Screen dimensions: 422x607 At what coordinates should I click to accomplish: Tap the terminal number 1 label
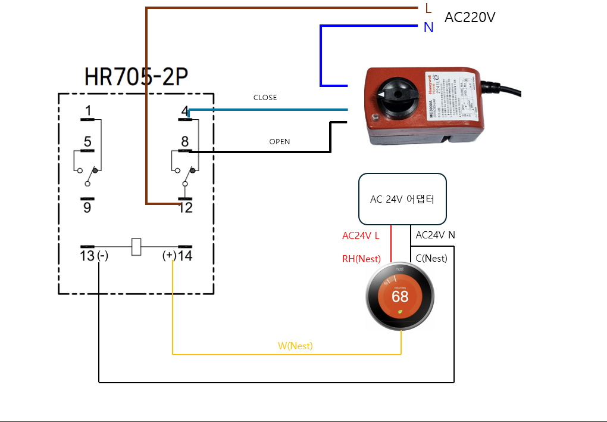coord(88,110)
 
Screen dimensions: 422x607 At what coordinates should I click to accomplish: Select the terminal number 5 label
coord(87,142)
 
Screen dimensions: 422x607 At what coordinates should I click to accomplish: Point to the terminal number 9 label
coord(87,208)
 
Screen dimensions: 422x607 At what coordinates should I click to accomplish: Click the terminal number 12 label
coord(186,208)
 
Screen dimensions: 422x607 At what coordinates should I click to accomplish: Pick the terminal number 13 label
coord(87,256)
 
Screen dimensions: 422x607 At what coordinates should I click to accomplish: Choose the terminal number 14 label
coord(186,256)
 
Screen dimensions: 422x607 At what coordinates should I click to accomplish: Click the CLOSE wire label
coord(265,98)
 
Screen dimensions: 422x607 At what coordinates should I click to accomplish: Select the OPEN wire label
coord(280,142)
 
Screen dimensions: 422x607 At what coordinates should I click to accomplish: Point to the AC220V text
coord(470,17)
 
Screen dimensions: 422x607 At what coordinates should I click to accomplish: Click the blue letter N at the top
coord(428,27)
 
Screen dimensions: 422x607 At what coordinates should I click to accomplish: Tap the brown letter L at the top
coord(428,8)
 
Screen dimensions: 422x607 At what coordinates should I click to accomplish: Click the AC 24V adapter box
coord(402,199)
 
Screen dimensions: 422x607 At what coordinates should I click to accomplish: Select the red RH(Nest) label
coord(361,259)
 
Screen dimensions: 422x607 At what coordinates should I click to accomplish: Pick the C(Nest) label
coord(432,259)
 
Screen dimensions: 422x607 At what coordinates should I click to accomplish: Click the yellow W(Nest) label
coord(295,346)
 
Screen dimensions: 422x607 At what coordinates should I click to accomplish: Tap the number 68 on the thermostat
coord(400,296)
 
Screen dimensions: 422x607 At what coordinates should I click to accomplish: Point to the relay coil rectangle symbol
coord(136,247)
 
